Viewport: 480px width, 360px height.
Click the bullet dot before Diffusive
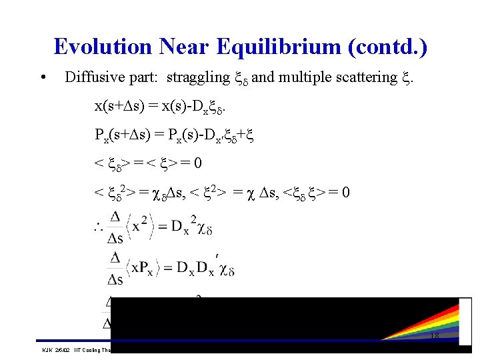(43, 77)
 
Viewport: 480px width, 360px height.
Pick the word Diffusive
(92, 77)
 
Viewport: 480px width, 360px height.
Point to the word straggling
(197, 77)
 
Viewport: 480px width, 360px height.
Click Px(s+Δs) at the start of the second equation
(124, 135)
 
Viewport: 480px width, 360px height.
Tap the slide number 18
(434, 337)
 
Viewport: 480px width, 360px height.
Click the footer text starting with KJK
(73, 349)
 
